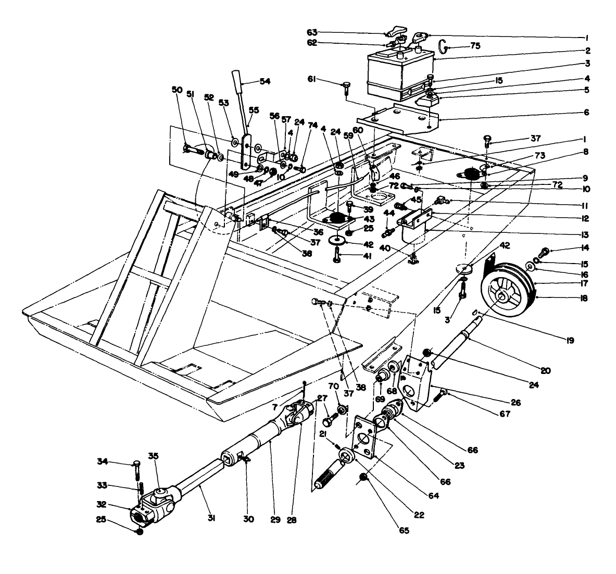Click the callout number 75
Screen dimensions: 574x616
tap(474, 46)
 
